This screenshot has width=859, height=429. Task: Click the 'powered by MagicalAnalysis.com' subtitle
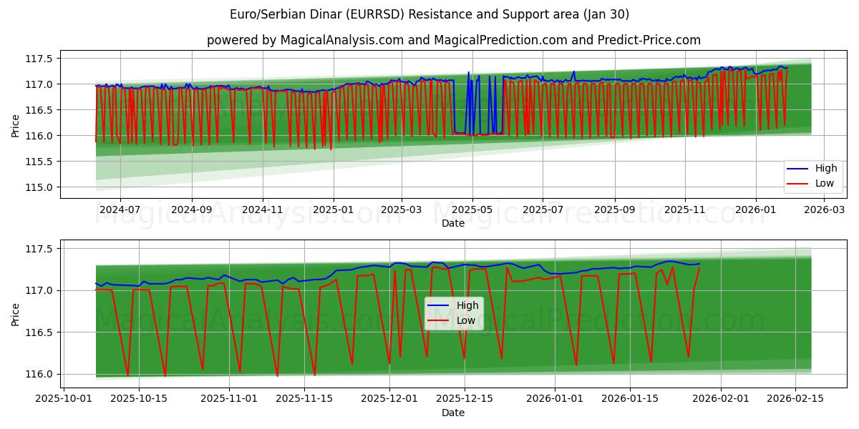pos(453,40)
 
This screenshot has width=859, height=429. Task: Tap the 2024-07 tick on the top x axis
pos(120,209)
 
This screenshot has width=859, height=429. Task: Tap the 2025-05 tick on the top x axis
pos(472,209)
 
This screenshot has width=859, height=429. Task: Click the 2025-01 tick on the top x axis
pos(333,209)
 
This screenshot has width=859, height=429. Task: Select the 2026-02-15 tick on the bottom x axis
pos(795,399)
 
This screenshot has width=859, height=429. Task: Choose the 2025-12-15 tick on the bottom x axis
pos(465,399)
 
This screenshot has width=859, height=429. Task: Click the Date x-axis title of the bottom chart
pos(452,413)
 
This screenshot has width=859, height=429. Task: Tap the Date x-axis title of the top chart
pos(452,223)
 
